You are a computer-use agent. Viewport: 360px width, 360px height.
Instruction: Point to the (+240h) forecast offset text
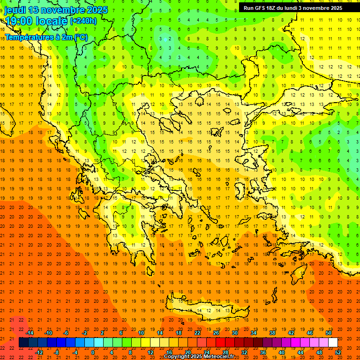pos(83,21)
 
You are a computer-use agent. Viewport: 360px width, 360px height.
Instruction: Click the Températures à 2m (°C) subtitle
pos(46,37)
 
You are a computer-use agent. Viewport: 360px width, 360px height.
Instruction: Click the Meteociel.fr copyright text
pos(199,357)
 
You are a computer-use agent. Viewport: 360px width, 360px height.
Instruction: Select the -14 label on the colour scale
pos(30,333)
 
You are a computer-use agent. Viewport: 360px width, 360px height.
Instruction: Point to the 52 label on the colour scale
pos(338,352)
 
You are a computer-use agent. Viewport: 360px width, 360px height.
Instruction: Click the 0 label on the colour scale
pos(93,352)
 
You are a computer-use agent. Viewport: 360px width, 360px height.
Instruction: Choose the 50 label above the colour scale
pos(328,333)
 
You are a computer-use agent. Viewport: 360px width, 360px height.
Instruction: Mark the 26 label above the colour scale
pos(216,333)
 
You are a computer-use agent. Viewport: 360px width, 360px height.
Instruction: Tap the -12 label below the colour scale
pos(39,352)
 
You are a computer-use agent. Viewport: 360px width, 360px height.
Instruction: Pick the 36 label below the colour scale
pos(263,352)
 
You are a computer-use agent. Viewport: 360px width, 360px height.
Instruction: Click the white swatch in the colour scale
pos(333,343)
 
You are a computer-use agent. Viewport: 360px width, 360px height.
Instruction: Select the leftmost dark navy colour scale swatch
pos(23,343)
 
